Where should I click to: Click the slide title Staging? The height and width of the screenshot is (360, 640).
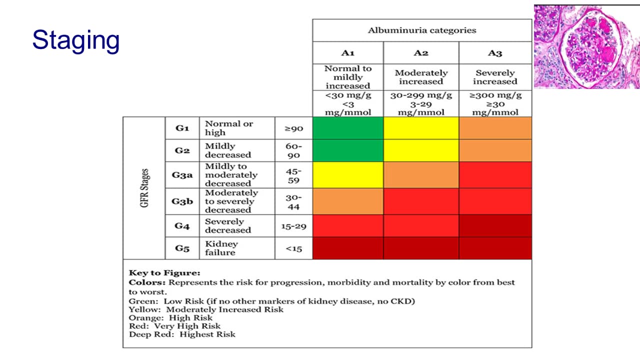click(x=76, y=40)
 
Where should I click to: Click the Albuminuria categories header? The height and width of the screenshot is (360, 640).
click(x=422, y=30)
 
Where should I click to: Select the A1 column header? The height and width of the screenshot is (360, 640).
click(x=348, y=53)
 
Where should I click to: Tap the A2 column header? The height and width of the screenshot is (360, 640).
click(x=421, y=53)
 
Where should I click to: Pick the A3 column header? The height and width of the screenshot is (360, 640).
click(x=495, y=53)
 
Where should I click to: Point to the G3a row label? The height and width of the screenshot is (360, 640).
click(x=182, y=175)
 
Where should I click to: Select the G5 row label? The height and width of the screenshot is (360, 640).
click(x=182, y=248)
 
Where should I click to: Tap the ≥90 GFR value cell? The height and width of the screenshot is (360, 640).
click(x=294, y=128)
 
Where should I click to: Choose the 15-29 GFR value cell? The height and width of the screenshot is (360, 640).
click(x=294, y=226)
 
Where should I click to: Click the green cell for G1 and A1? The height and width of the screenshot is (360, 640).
click(x=348, y=128)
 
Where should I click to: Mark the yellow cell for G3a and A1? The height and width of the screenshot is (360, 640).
click(x=348, y=175)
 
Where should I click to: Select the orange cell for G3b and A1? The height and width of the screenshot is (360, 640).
click(x=348, y=201)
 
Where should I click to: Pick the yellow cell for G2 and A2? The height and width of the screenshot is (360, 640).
click(x=421, y=150)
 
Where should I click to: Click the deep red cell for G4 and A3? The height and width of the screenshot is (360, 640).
click(x=495, y=226)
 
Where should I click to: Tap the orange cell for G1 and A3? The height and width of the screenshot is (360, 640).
click(x=495, y=128)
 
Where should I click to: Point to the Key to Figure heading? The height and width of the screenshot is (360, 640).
click(x=164, y=273)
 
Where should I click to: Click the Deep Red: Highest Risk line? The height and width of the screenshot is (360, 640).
click(x=182, y=334)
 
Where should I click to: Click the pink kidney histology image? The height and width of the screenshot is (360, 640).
click(x=586, y=46)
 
